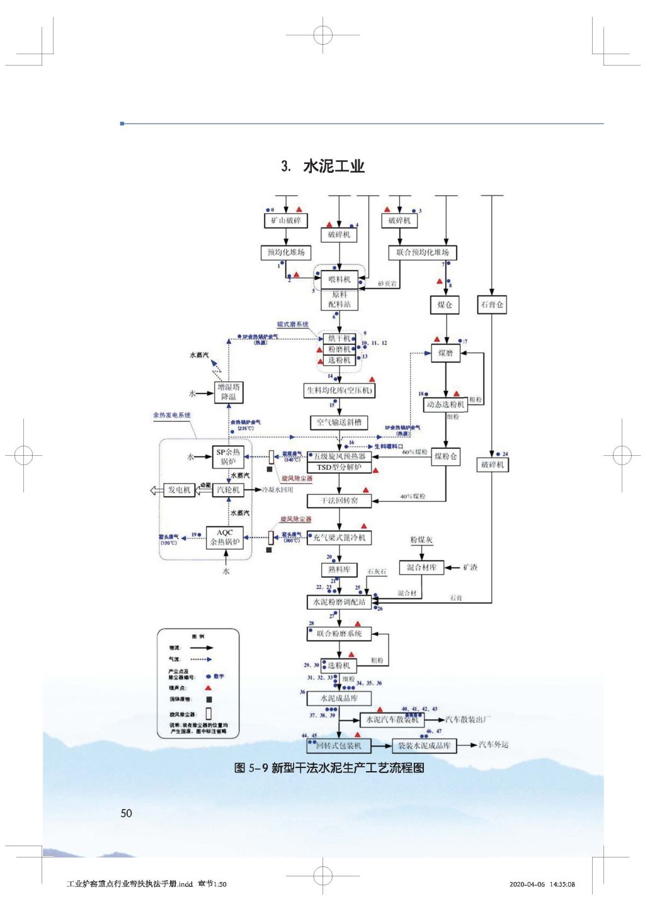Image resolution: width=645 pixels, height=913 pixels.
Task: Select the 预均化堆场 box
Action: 285,252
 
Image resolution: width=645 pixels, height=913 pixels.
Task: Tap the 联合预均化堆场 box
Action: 422,252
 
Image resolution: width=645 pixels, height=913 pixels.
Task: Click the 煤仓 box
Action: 445,305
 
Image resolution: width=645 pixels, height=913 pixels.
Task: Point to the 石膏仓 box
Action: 492,305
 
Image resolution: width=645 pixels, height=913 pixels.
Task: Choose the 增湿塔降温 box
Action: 228,392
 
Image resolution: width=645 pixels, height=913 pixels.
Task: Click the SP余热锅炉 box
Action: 228,456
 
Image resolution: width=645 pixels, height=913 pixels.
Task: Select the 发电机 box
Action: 179,489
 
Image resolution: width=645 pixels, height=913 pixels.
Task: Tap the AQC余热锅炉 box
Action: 225,537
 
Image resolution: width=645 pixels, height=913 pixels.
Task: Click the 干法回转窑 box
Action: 339,501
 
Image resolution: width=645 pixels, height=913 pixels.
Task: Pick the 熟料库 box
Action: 339,569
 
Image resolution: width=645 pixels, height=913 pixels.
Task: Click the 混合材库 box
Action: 421,567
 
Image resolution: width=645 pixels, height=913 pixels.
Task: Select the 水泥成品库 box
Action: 339,698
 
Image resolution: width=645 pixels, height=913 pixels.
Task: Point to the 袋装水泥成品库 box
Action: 424,745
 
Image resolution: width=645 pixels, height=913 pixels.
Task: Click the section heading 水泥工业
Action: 333,166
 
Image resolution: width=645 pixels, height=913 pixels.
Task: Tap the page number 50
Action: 126,813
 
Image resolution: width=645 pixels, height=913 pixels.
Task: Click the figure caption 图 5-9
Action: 329,767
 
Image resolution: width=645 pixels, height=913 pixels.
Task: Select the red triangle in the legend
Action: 208,687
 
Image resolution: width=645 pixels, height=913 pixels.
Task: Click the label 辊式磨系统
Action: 292,324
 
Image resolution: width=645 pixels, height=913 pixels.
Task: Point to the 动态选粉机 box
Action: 445,404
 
